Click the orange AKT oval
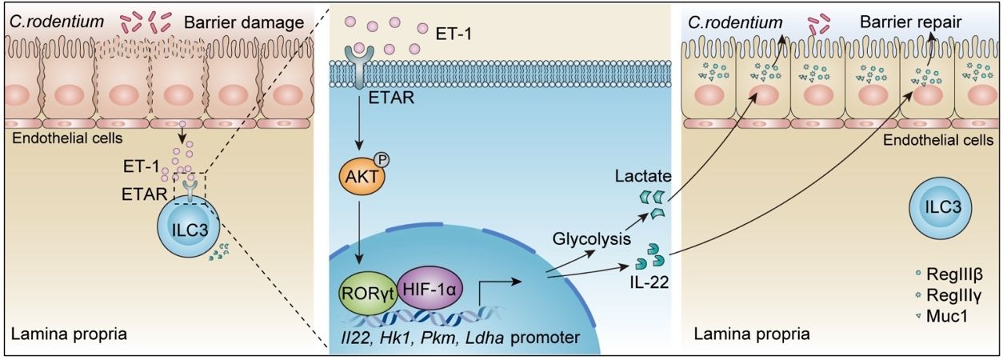(x=361, y=177)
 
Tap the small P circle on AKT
(x=383, y=160)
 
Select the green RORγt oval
(x=368, y=293)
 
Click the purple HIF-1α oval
(x=430, y=289)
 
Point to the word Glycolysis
(x=592, y=239)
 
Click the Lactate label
(x=643, y=176)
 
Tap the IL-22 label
(x=649, y=282)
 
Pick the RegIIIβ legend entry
(x=949, y=274)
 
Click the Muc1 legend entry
(x=941, y=317)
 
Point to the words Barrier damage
(x=244, y=23)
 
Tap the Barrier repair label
(x=911, y=22)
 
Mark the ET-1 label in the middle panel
(x=454, y=34)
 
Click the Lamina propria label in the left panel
(x=69, y=334)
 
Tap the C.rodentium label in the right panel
(x=735, y=22)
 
